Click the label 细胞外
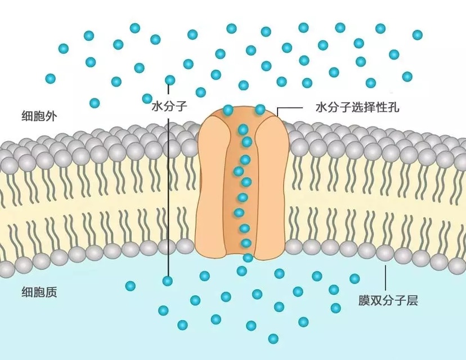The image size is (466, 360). point(38,116)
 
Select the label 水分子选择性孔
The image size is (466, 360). point(357,107)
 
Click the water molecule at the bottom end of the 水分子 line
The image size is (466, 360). point(167,280)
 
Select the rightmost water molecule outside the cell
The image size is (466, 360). point(417,35)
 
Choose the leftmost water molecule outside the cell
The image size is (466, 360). point(51,78)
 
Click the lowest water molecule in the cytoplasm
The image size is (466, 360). point(273,338)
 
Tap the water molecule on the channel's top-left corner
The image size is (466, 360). point(228,110)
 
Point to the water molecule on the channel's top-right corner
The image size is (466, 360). point(260,109)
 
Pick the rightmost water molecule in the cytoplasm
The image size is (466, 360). point(355,278)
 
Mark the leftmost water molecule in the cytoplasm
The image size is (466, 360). point(131,286)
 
